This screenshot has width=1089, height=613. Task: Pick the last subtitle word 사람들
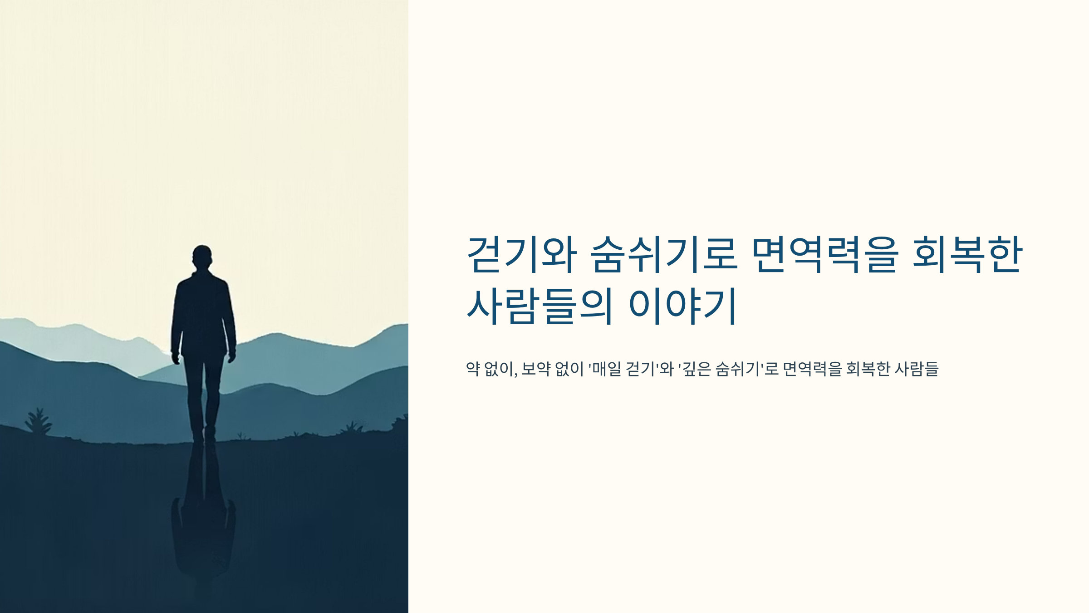coord(916,369)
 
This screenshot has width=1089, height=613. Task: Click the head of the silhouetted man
coord(202,257)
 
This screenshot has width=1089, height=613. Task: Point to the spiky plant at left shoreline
coord(39,421)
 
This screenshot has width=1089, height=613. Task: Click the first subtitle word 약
coord(473,369)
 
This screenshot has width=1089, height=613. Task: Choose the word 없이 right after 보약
coord(569,369)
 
